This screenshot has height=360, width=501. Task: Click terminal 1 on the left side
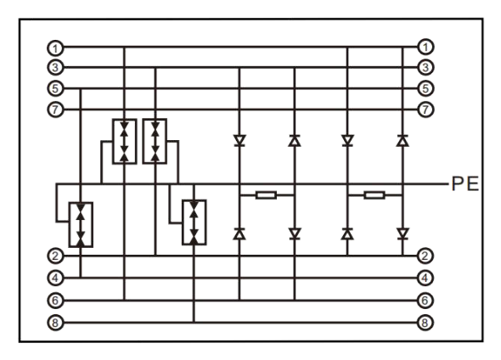(55, 48)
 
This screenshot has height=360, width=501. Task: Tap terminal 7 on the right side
(425, 110)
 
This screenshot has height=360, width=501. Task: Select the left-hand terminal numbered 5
(55, 88)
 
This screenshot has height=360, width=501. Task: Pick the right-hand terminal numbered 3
(425, 67)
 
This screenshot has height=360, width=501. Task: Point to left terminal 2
(55, 256)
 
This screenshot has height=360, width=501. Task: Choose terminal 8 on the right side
(425, 323)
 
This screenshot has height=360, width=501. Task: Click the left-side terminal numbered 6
(55, 301)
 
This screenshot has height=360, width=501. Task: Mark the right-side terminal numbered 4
(425, 278)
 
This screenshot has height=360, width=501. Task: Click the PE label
(464, 184)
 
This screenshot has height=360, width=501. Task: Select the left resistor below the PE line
(266, 194)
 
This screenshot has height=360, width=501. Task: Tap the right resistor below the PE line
(374, 194)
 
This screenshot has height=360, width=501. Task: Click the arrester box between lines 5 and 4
(81, 224)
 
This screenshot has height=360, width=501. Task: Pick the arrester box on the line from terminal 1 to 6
(125, 141)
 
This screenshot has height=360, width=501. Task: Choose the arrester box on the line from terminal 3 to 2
(155, 141)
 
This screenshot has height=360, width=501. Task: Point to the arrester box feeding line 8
(194, 222)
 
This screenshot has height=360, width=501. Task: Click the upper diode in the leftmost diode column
(239, 141)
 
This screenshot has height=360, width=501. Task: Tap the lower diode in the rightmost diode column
(402, 233)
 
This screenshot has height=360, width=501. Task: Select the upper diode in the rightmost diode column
(402, 141)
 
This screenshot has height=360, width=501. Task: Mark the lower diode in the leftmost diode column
(239, 233)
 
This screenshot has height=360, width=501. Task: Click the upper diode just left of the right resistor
(347, 141)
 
